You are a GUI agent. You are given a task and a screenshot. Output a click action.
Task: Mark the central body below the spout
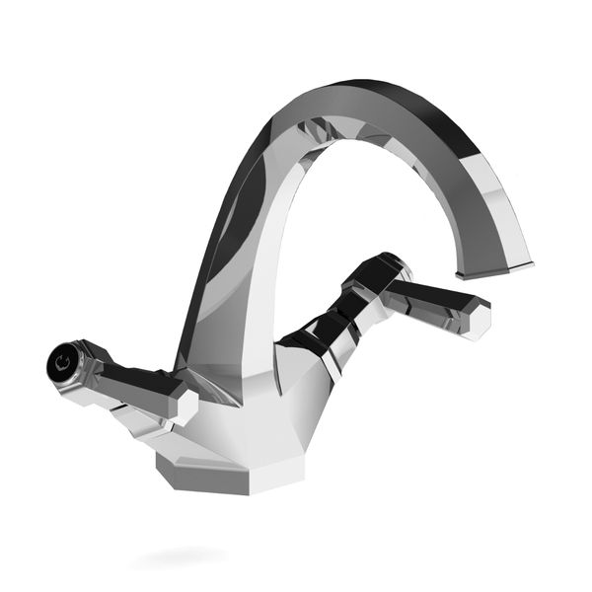coord(247,405)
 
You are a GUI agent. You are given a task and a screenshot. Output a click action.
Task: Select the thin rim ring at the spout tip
coord(494,269)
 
